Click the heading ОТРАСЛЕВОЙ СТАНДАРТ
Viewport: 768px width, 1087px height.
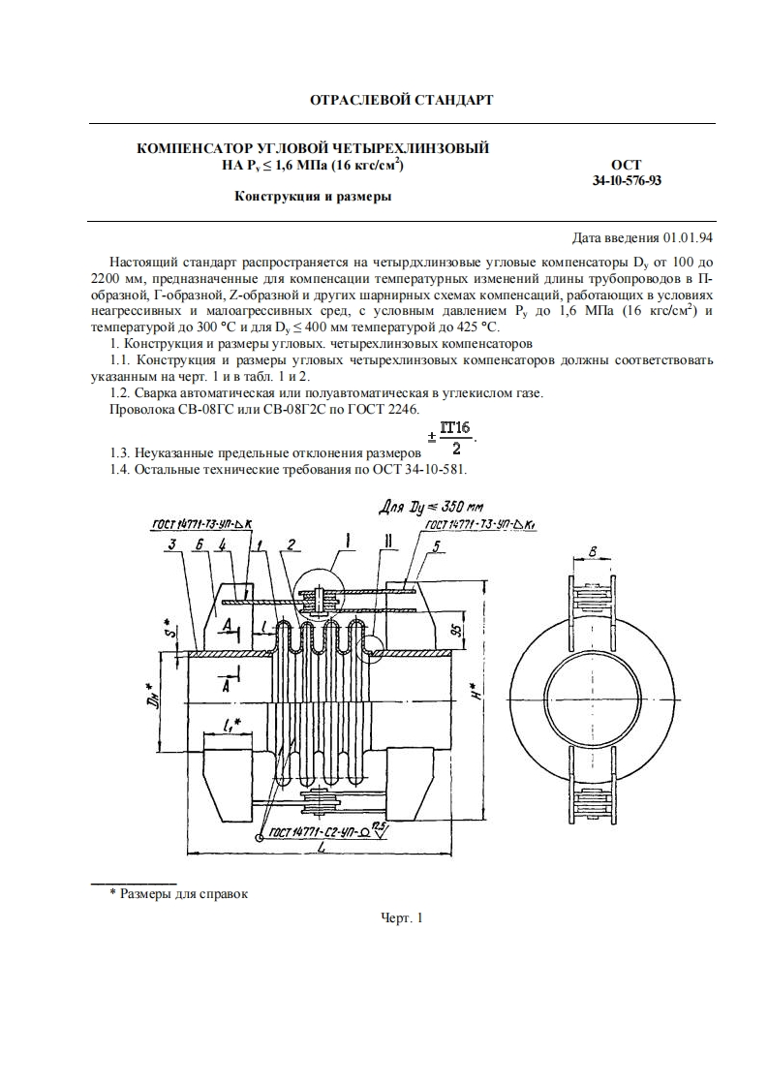(x=400, y=100)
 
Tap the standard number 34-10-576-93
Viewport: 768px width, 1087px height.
(x=627, y=180)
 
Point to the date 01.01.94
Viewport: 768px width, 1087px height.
(x=689, y=237)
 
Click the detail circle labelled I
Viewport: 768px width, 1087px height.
(x=318, y=598)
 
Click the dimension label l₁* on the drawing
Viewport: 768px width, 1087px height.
(x=230, y=723)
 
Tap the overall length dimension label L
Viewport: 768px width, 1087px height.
(x=320, y=853)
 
